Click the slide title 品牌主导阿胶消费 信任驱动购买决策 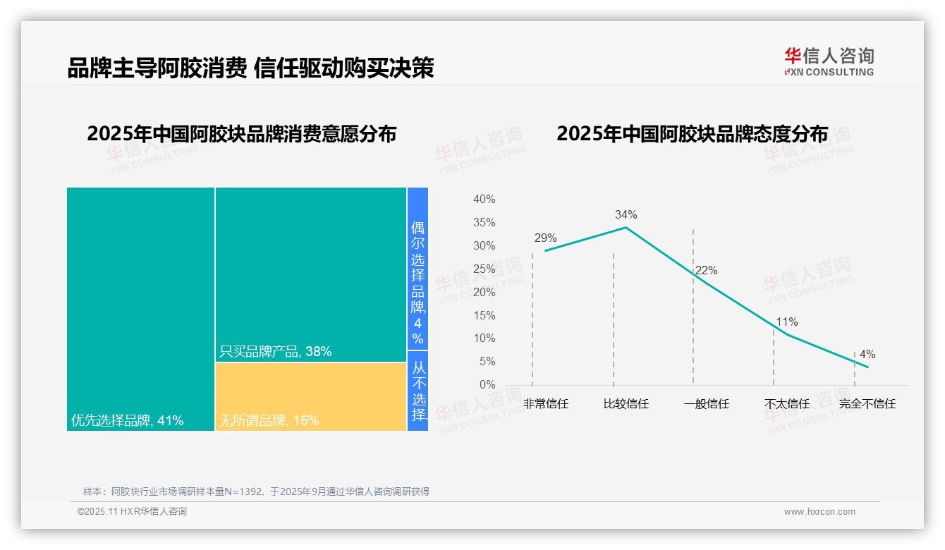[x=250, y=68]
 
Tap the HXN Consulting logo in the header [x=829, y=62]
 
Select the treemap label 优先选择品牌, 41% [x=128, y=421]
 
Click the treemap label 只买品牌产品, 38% [x=275, y=351]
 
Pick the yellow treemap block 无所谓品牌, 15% [x=311, y=396]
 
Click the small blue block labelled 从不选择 [x=418, y=391]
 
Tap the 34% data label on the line [x=626, y=214]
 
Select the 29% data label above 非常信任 [x=545, y=238]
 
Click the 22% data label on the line [x=706, y=270]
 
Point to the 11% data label [x=786, y=322]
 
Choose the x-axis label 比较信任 [x=626, y=404]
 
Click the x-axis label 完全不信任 [x=867, y=404]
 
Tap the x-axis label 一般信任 [x=706, y=404]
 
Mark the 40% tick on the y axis [x=484, y=200]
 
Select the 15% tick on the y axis [x=484, y=315]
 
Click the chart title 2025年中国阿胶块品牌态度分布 [x=692, y=134]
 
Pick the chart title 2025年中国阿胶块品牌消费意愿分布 [x=241, y=134]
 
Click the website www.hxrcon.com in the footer [x=819, y=512]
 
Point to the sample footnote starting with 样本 [x=256, y=491]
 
